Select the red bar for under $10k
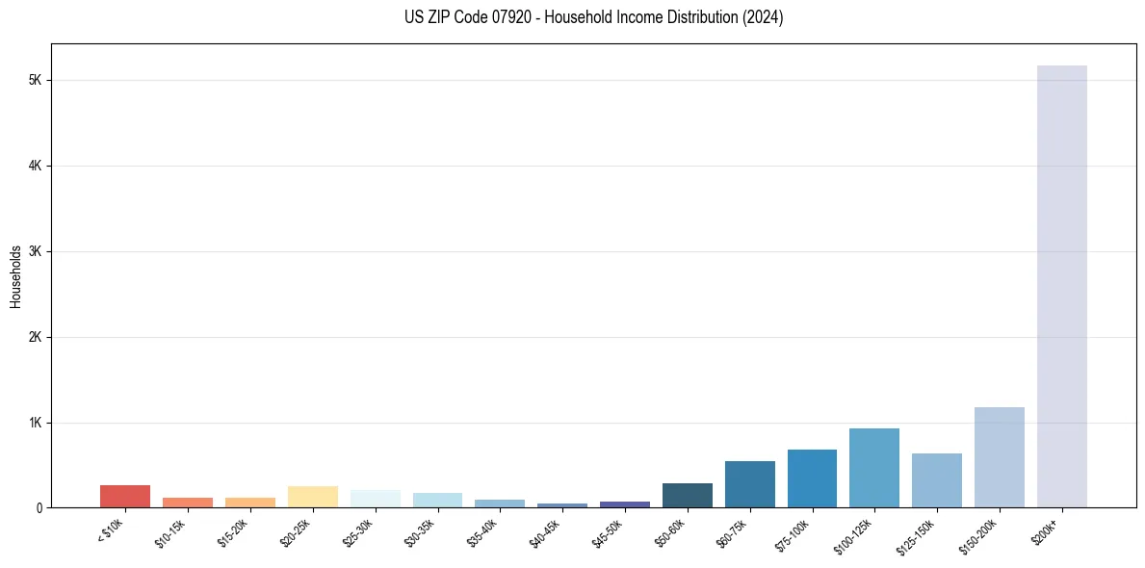coord(125,496)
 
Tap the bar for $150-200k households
coord(999,457)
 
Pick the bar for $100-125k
coord(874,468)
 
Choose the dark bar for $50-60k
coord(687,495)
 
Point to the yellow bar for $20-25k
coord(312,497)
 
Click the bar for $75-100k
coord(812,478)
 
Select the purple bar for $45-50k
coord(624,503)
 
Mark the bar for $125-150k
coord(936,480)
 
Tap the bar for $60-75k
coord(749,484)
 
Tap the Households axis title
coord(15,276)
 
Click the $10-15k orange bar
coord(188,502)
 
